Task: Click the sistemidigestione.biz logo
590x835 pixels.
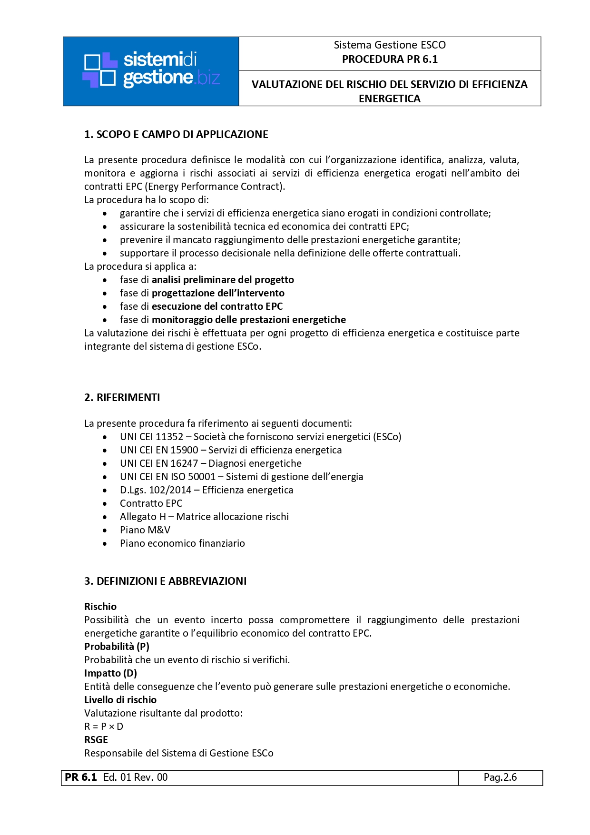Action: (x=151, y=71)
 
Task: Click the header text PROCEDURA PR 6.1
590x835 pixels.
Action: (x=390, y=59)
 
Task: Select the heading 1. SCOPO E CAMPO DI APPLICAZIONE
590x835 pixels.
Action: (x=176, y=135)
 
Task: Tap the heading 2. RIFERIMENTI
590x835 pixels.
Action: (x=122, y=398)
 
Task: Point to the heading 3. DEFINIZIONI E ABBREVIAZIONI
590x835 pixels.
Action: (x=165, y=581)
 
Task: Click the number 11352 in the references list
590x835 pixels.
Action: (x=169, y=437)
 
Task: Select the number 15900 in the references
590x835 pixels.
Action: (x=184, y=450)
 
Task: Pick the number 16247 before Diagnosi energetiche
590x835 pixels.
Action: (x=184, y=463)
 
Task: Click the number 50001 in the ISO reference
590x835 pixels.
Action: (x=202, y=477)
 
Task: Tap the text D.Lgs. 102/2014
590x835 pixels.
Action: (x=156, y=490)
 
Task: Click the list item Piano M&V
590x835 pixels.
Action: (x=145, y=530)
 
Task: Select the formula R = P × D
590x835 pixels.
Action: (x=104, y=727)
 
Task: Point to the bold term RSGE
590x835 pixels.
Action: (x=96, y=740)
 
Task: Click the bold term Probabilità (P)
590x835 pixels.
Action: (x=117, y=647)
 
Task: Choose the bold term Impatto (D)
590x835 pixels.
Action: (x=110, y=673)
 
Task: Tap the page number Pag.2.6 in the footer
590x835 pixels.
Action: (x=500, y=777)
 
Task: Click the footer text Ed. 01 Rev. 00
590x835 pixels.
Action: (x=135, y=777)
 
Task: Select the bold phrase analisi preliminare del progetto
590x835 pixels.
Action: (x=223, y=280)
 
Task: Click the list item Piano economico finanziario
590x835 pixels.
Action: (x=182, y=543)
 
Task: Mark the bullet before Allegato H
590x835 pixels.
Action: (x=105, y=517)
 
